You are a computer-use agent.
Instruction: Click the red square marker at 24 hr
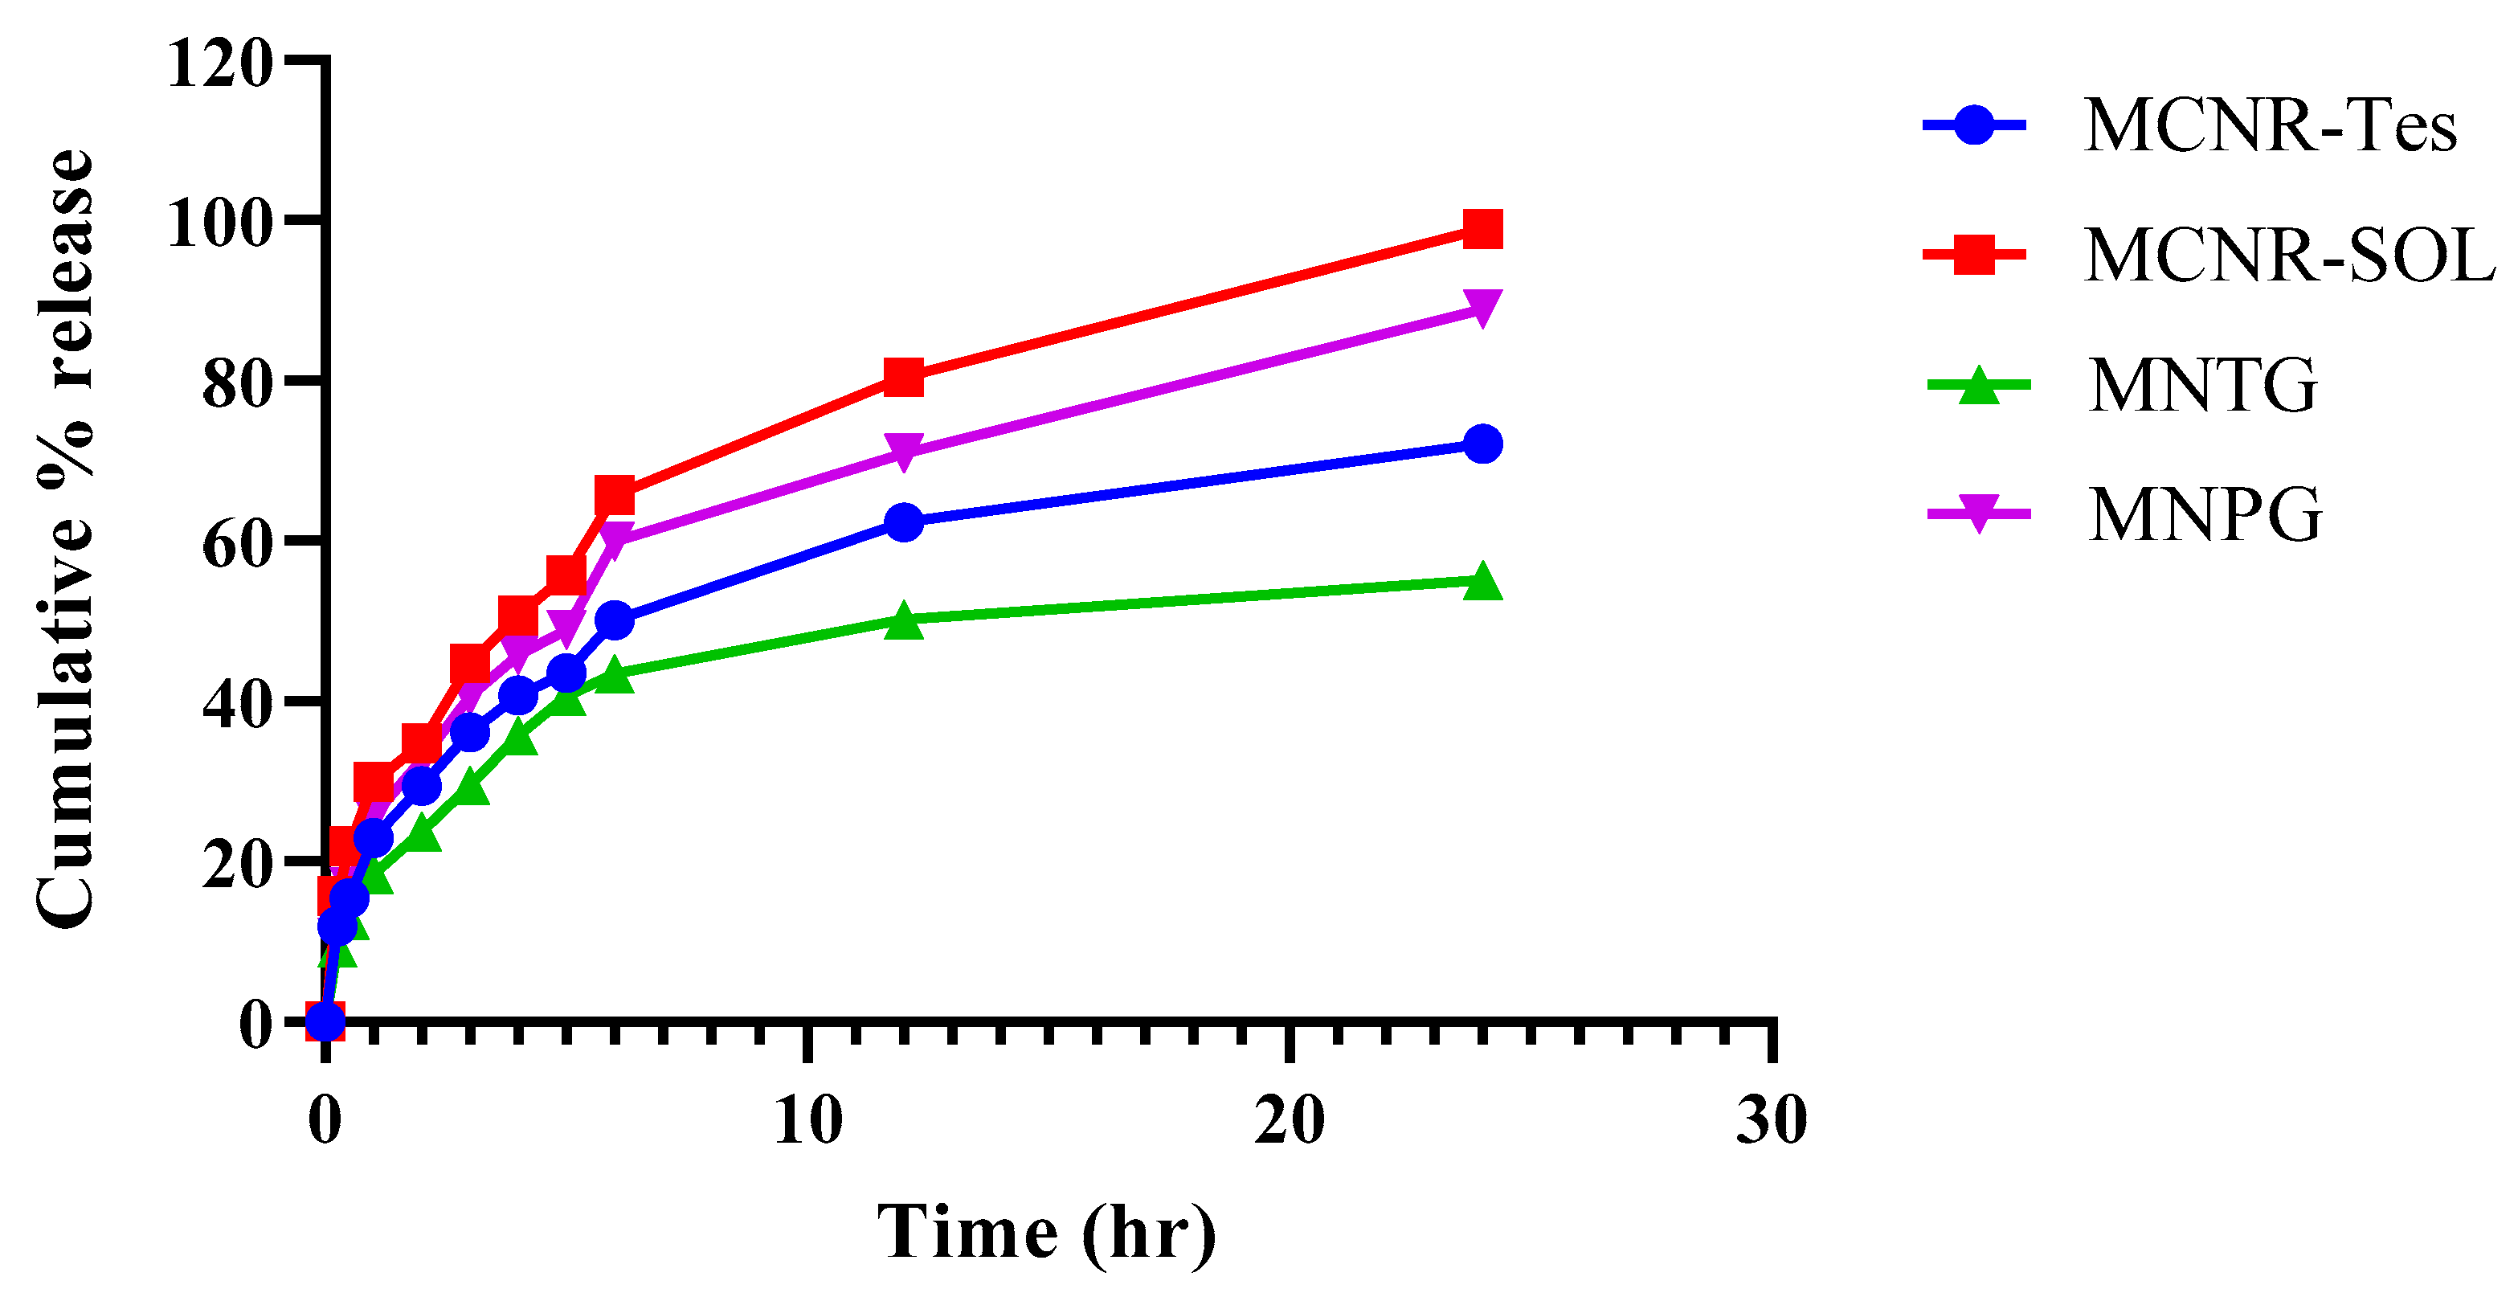tap(1482, 230)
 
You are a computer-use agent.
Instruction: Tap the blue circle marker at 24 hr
tap(1482, 444)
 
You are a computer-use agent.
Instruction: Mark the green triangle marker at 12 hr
tap(903, 620)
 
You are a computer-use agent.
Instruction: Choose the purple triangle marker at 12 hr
tap(903, 452)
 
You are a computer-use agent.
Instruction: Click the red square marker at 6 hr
tap(614, 497)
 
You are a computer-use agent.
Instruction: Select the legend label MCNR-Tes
tap(2270, 126)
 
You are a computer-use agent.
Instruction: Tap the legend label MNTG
tap(2202, 385)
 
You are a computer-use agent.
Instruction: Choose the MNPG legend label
tap(2204, 514)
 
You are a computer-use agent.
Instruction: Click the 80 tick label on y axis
tap(235, 384)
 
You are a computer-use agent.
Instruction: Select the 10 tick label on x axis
tap(807, 1120)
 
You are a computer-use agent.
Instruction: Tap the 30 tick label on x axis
tap(1772, 1120)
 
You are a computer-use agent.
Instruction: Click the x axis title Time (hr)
tap(1047, 1233)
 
